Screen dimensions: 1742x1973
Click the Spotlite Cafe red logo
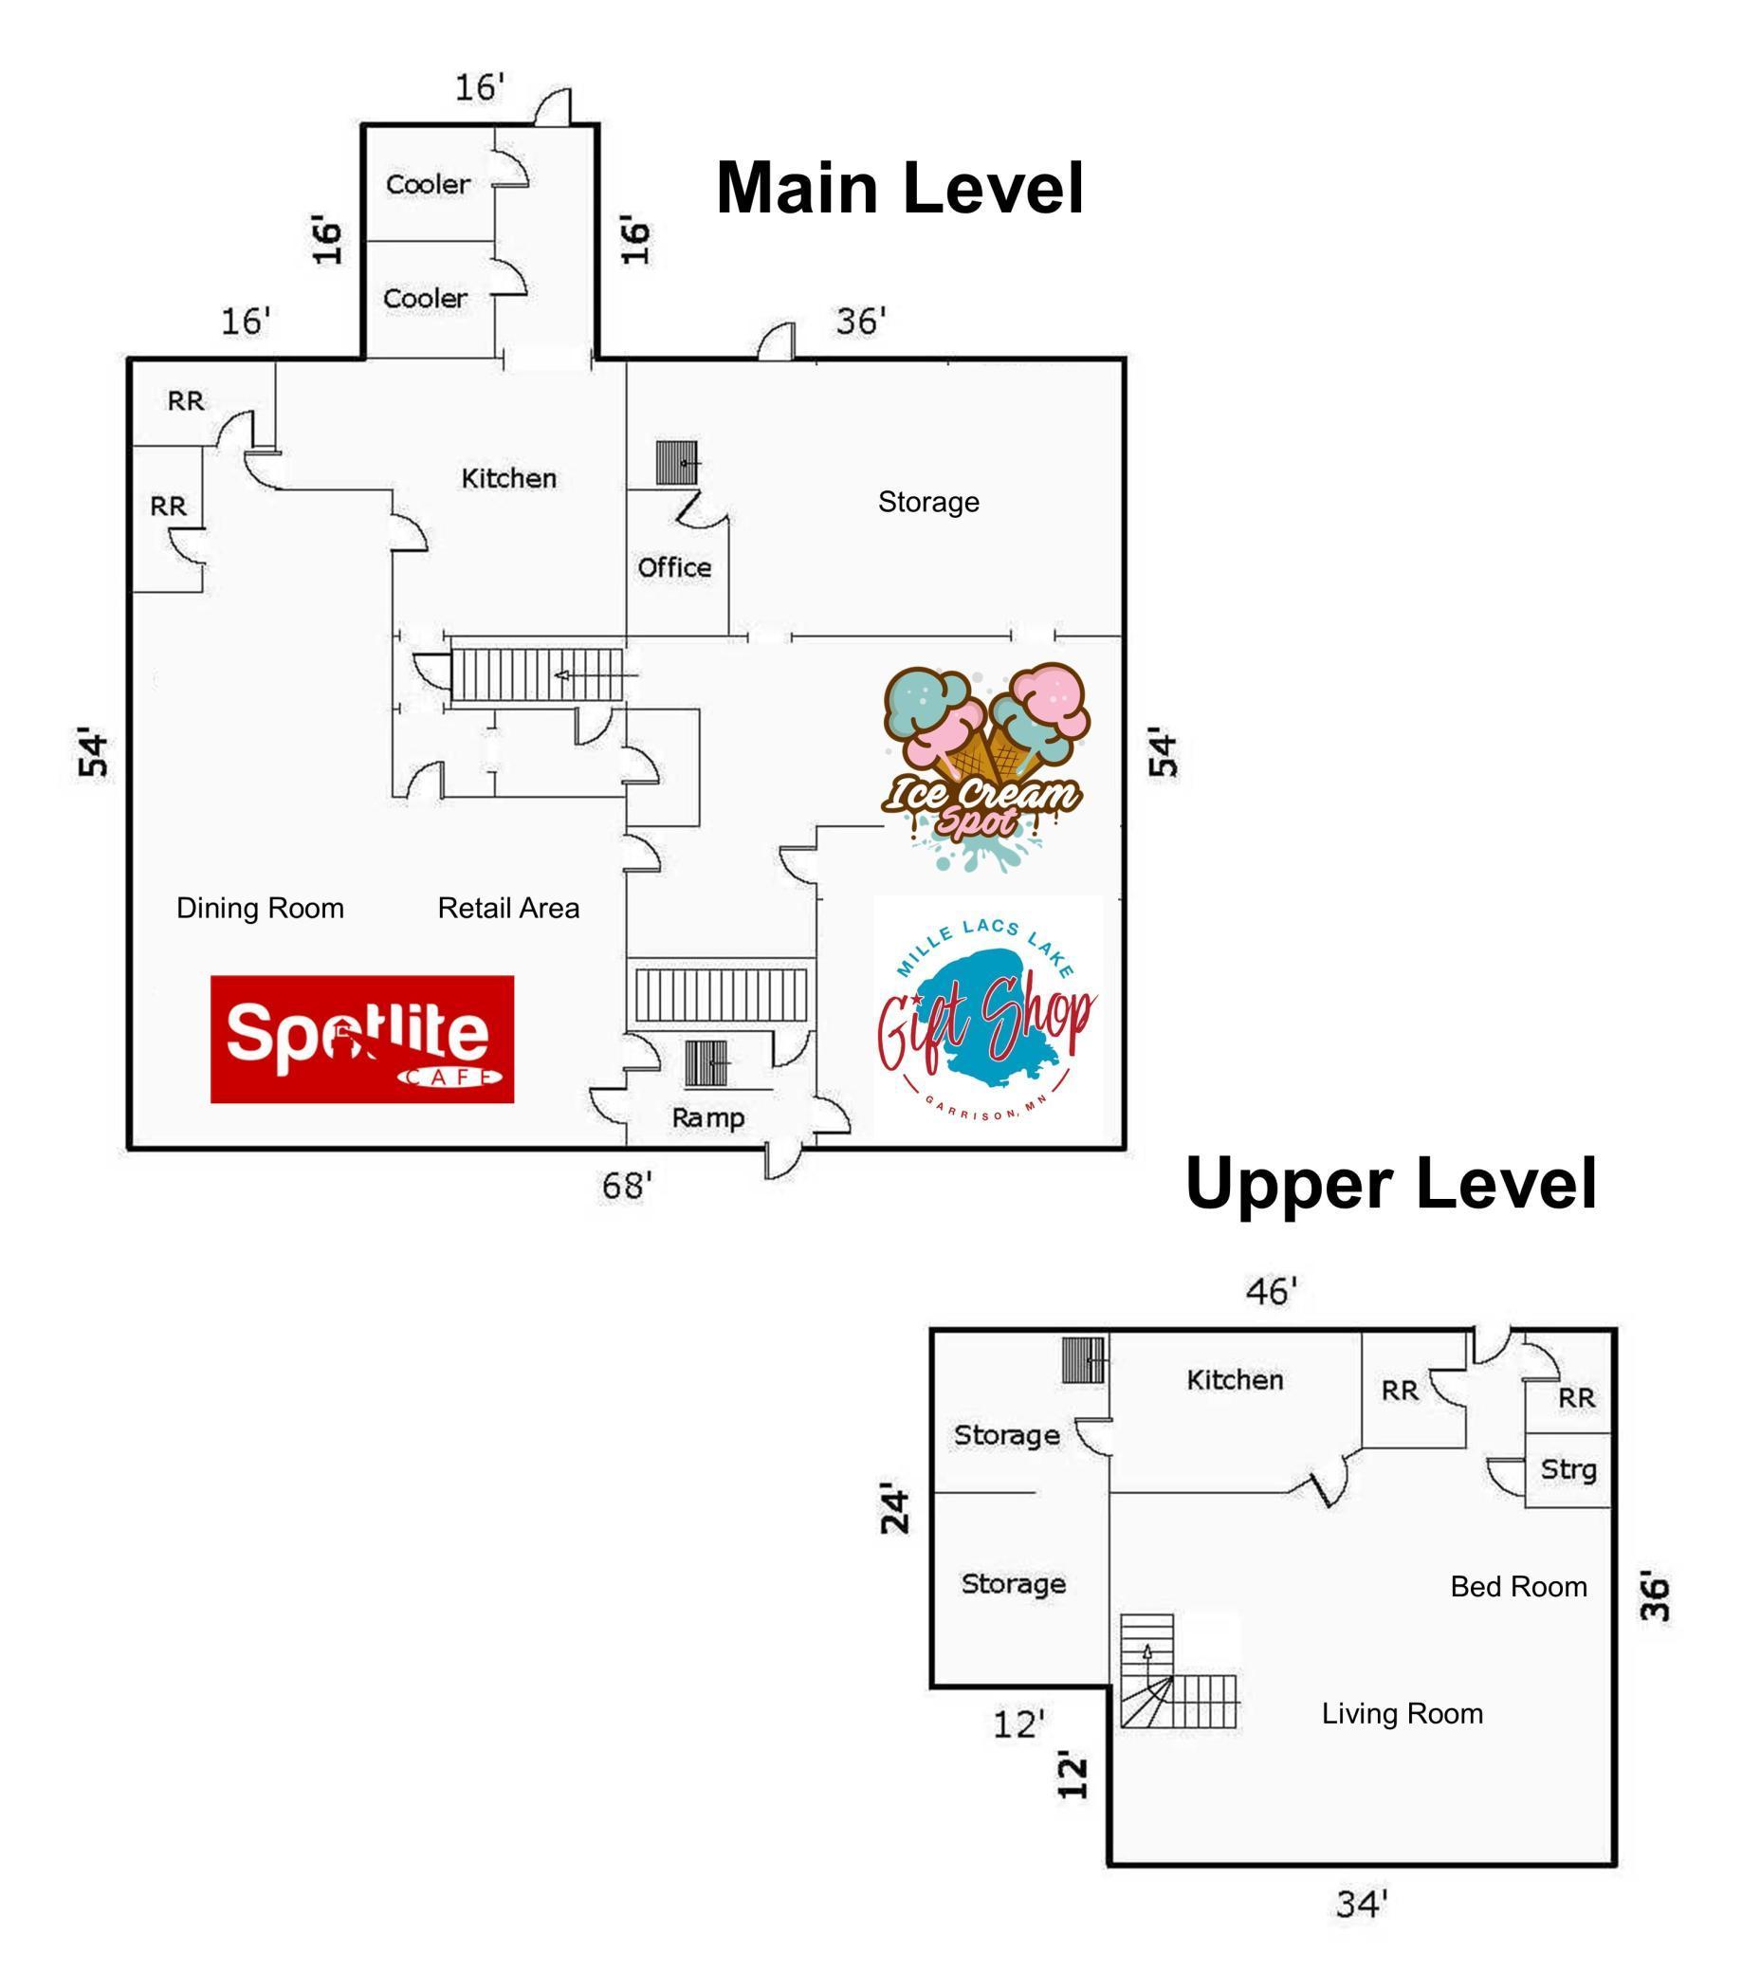tap(362, 1039)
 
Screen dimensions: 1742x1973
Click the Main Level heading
tap(900, 187)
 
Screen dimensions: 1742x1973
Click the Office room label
tap(673, 567)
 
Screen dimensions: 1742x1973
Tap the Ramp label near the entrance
tap(707, 1117)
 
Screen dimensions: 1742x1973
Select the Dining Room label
tap(260, 909)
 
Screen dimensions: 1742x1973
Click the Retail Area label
tap(508, 909)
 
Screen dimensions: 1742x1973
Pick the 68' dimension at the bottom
tap(628, 1186)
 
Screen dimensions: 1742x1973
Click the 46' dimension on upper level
tap(1271, 1291)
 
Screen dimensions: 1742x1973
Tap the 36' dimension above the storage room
tap(861, 321)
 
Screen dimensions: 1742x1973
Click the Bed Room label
tap(1518, 1587)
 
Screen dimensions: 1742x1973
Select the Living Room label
tap(1403, 1713)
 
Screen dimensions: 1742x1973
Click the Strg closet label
tap(1568, 1470)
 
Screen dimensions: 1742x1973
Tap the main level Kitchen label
tap(508, 478)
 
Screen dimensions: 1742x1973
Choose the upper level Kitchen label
tap(1236, 1379)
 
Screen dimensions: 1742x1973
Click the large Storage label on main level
tap(928, 502)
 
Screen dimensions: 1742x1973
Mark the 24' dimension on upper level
tap(895, 1511)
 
